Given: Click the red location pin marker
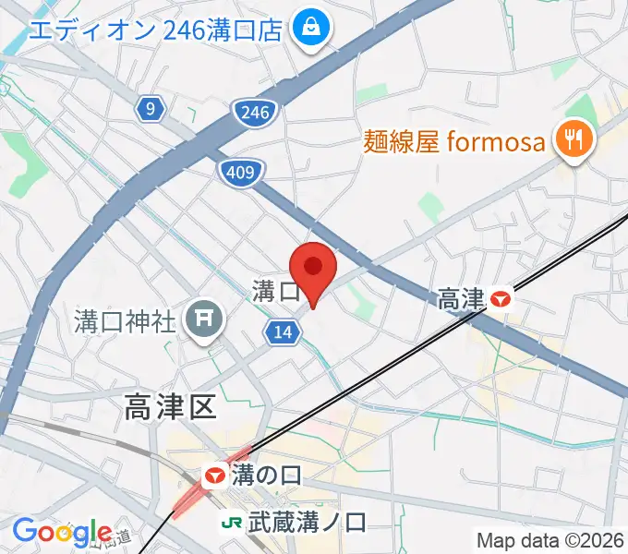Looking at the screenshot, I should [x=314, y=268].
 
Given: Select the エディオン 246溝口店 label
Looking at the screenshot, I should [x=155, y=30].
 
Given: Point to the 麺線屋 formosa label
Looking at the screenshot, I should [x=456, y=142].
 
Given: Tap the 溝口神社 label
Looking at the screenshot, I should [x=125, y=321].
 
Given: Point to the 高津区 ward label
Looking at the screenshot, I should [x=169, y=404].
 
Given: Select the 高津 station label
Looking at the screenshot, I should [x=461, y=298].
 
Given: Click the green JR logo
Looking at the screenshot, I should [x=232, y=522].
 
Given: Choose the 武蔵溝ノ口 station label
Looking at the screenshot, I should [x=307, y=522].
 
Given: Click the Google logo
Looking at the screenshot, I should [x=62, y=532].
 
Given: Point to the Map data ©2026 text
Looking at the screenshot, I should [x=550, y=539].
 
